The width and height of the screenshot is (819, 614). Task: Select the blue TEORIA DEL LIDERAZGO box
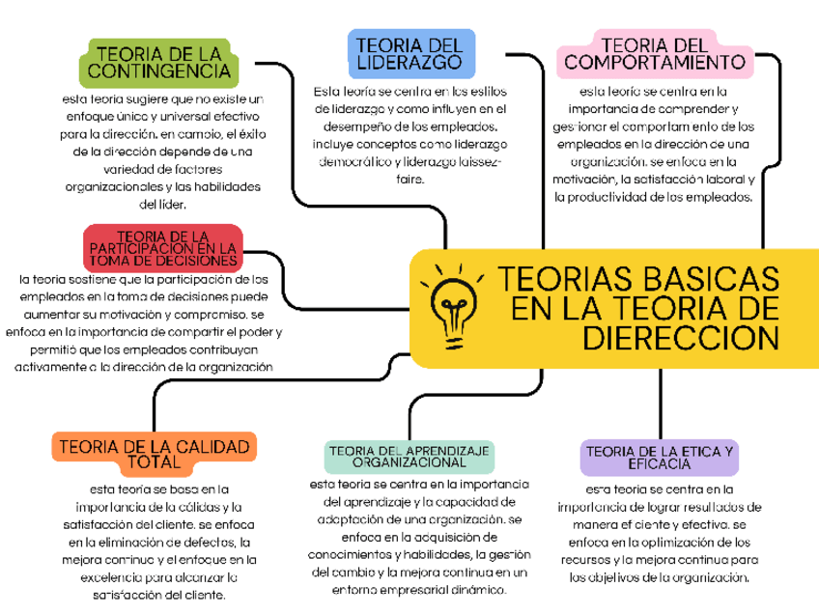point(410,54)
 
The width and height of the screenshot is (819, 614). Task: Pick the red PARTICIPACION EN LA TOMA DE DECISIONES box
point(162,248)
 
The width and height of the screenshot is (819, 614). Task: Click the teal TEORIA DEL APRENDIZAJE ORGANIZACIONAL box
point(409,457)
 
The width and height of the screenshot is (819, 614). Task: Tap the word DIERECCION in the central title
point(681,340)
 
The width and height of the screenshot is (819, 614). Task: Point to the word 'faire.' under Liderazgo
point(409,179)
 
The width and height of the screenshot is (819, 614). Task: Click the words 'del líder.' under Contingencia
point(162,204)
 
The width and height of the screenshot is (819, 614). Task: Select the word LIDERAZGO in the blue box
point(410,64)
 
